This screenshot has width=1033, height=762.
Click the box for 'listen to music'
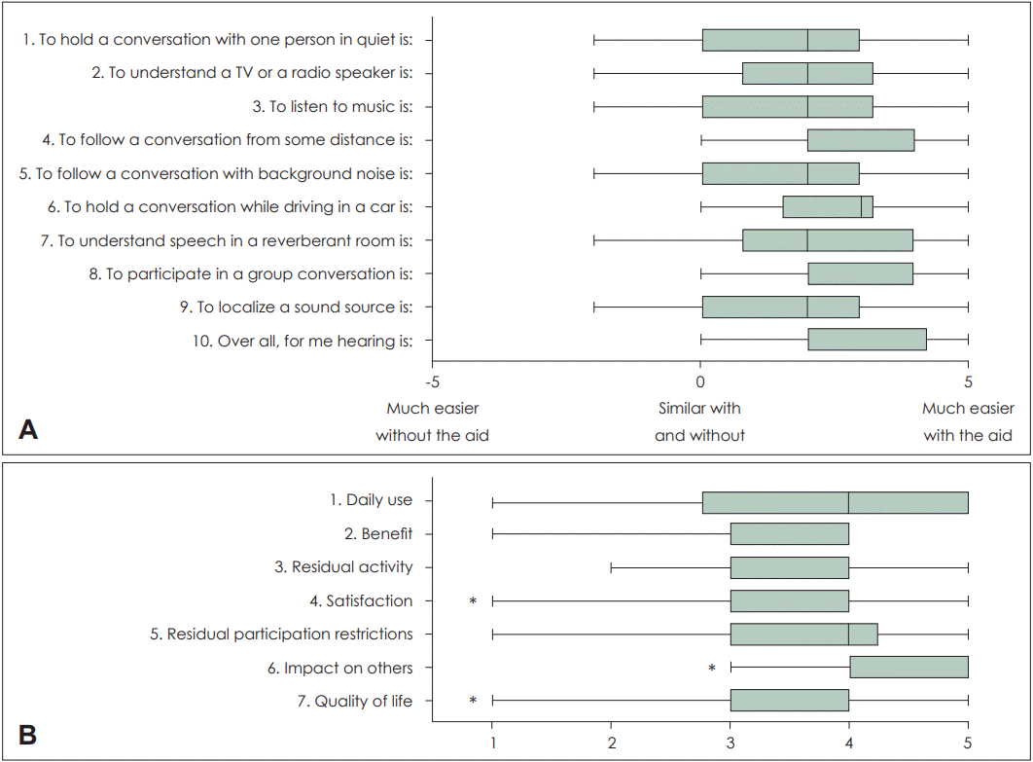787,106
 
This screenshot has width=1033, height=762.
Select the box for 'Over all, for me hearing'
867,340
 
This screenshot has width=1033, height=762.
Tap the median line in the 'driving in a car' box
861,206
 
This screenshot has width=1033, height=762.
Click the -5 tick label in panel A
433,381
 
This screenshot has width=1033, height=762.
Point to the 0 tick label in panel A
700,381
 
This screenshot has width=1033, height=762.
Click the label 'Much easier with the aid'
968,421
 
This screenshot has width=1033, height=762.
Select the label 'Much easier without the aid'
433,421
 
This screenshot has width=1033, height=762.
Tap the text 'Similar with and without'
700,421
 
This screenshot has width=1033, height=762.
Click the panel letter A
28,429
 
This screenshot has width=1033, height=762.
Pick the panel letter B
28,735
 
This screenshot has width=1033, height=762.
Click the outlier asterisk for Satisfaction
473,601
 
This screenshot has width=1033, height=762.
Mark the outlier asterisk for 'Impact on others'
712,669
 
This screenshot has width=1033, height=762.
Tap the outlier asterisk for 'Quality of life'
473,702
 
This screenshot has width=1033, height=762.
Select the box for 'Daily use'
835,501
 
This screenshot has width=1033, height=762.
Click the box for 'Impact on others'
908,668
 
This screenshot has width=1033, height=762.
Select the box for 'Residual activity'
789,567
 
